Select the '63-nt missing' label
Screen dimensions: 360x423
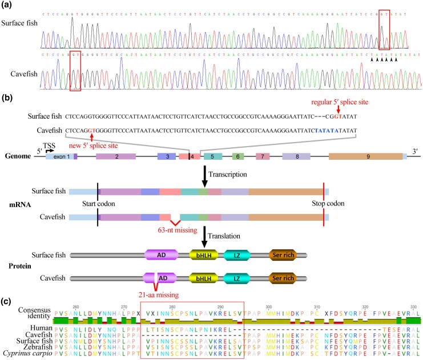click(x=176, y=230)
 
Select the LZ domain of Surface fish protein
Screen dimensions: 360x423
click(x=237, y=256)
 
